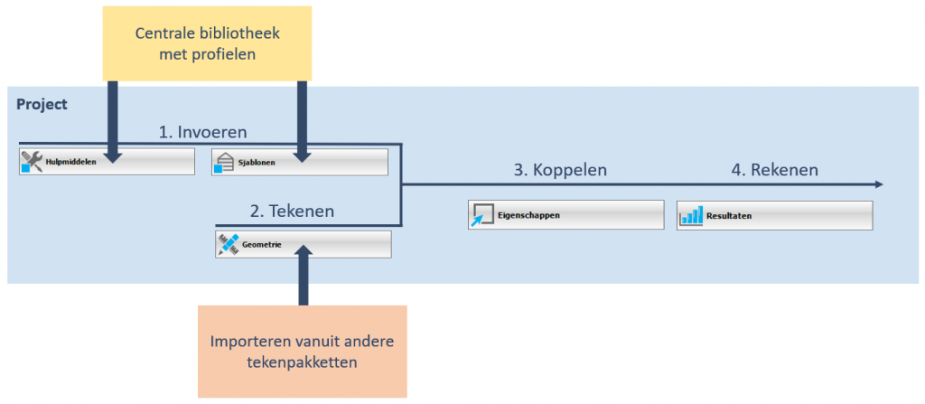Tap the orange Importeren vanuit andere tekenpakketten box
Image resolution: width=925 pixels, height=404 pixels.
click(303, 351)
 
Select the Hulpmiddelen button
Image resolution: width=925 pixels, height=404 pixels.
click(107, 162)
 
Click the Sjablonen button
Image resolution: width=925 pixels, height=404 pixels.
click(299, 163)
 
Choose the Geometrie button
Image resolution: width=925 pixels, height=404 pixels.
click(303, 244)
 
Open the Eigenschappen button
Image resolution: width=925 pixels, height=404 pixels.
click(565, 215)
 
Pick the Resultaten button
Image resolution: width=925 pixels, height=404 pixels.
click(774, 215)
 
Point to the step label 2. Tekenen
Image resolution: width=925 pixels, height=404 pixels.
click(292, 211)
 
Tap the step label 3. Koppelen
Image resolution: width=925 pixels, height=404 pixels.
click(560, 169)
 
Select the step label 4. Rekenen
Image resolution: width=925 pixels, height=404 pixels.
click(773, 169)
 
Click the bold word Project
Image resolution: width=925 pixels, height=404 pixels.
click(42, 105)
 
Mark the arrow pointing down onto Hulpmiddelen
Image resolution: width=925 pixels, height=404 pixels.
click(113, 122)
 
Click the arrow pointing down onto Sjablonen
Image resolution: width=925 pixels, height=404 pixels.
click(302, 122)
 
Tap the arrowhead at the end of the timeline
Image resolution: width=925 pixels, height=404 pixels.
click(877, 184)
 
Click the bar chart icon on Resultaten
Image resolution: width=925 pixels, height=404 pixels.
click(691, 215)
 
